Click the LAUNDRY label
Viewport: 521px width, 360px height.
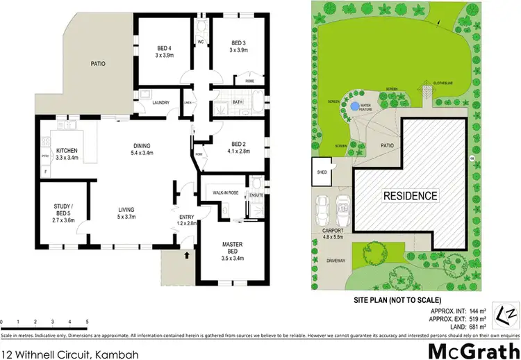tap(161, 103)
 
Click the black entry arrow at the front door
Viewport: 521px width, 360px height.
tap(185, 256)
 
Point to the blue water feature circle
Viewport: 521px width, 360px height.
tap(355, 106)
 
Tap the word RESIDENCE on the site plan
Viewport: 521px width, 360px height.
tap(411, 195)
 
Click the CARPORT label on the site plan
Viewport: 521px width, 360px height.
tap(324, 229)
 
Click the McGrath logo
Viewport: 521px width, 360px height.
tap(473, 350)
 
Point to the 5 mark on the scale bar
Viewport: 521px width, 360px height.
tap(87, 322)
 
